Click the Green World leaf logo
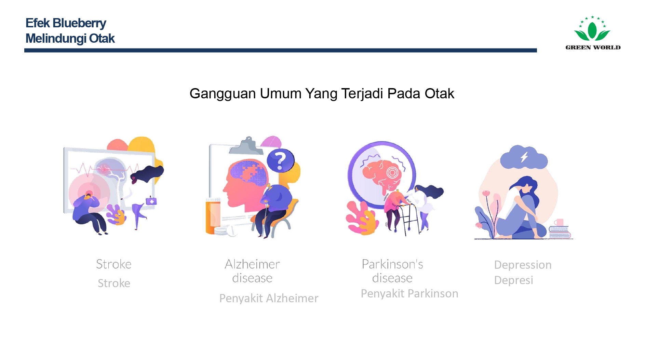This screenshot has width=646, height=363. (x=592, y=29)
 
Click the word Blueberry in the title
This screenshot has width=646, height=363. (x=79, y=23)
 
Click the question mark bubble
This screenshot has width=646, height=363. (x=280, y=160)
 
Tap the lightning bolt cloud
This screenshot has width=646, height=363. (x=524, y=157)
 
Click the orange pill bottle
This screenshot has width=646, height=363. (x=213, y=217)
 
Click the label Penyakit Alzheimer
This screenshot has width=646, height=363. (x=269, y=298)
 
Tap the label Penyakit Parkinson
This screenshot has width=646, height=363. (x=409, y=293)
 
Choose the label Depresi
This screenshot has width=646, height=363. (x=513, y=280)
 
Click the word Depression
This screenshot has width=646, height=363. (x=523, y=265)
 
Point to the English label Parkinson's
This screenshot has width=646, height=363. (x=392, y=264)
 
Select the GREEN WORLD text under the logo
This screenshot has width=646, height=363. (x=593, y=47)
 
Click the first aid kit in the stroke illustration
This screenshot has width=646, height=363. (x=151, y=201)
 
